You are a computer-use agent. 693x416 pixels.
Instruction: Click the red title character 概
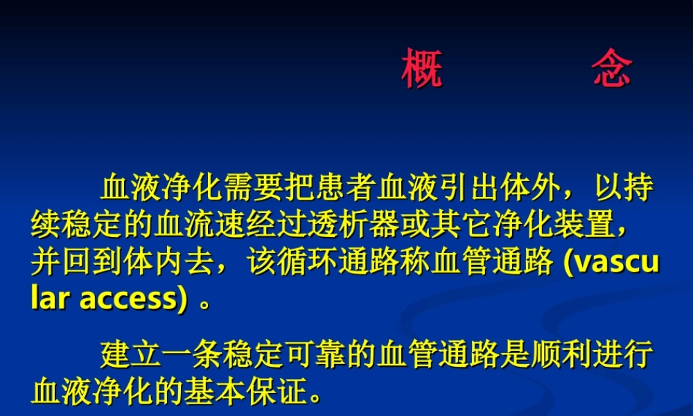422,69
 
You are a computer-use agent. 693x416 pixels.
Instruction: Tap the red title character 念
612,69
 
